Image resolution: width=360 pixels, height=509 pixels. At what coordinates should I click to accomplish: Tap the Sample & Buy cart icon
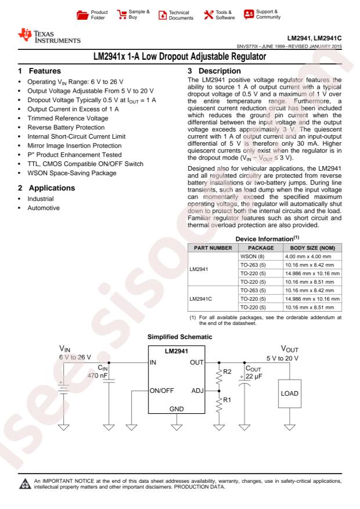pyautogui.click(x=123, y=12)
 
